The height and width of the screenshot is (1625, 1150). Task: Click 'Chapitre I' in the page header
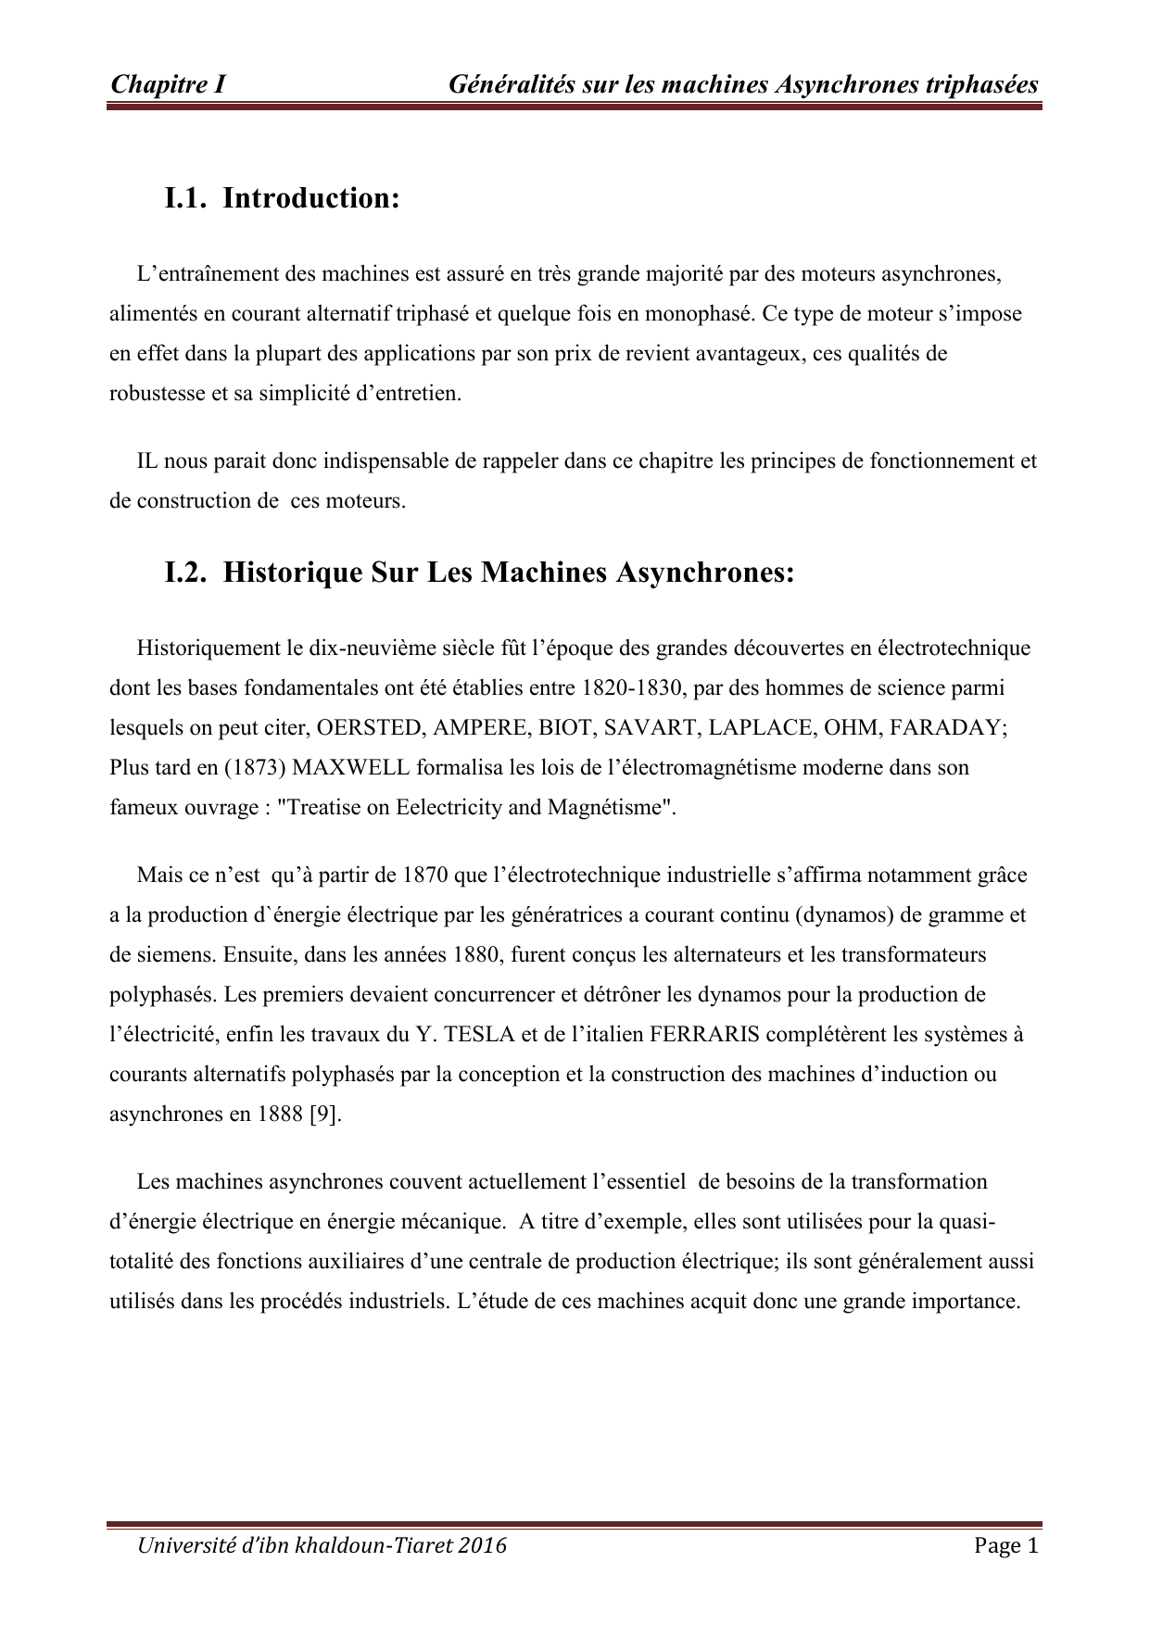pyautogui.click(x=168, y=85)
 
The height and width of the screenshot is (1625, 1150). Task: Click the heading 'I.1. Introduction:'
pyautogui.click(x=282, y=198)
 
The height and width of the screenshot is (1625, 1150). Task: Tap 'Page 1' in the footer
pyautogui.click(x=1006, y=1545)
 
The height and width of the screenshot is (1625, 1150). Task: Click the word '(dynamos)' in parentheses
pyautogui.click(x=844, y=914)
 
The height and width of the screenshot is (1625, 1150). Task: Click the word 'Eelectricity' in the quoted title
pyautogui.click(x=449, y=807)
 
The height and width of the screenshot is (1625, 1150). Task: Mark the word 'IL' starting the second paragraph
pyautogui.click(x=147, y=460)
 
